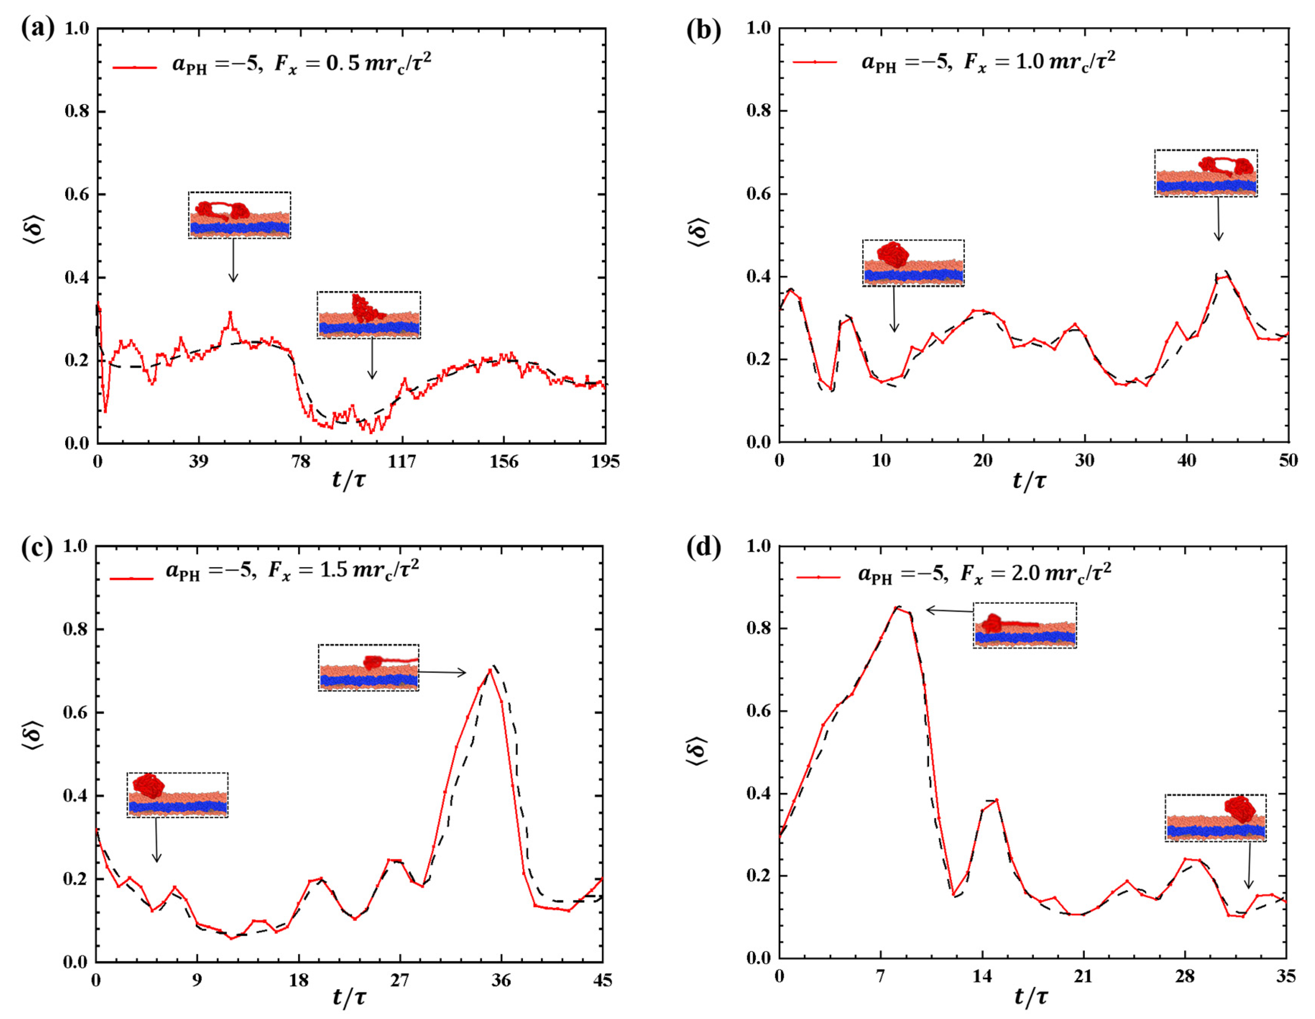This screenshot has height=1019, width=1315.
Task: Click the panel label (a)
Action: (37, 28)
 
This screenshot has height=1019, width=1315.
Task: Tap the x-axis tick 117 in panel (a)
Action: (401, 462)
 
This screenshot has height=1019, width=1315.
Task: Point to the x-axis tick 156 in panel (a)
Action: (503, 462)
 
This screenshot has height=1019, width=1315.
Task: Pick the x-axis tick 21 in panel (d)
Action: (1083, 976)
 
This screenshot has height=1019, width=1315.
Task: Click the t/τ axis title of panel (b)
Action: (1029, 481)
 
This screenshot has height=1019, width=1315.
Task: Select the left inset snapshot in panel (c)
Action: (177, 795)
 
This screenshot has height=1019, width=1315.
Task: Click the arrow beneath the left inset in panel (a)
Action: (233, 260)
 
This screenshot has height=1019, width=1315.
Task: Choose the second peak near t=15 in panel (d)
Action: (997, 800)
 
